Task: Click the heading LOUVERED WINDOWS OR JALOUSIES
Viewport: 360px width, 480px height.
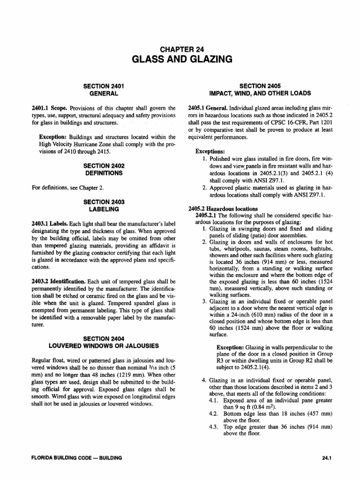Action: pos(104,346)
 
